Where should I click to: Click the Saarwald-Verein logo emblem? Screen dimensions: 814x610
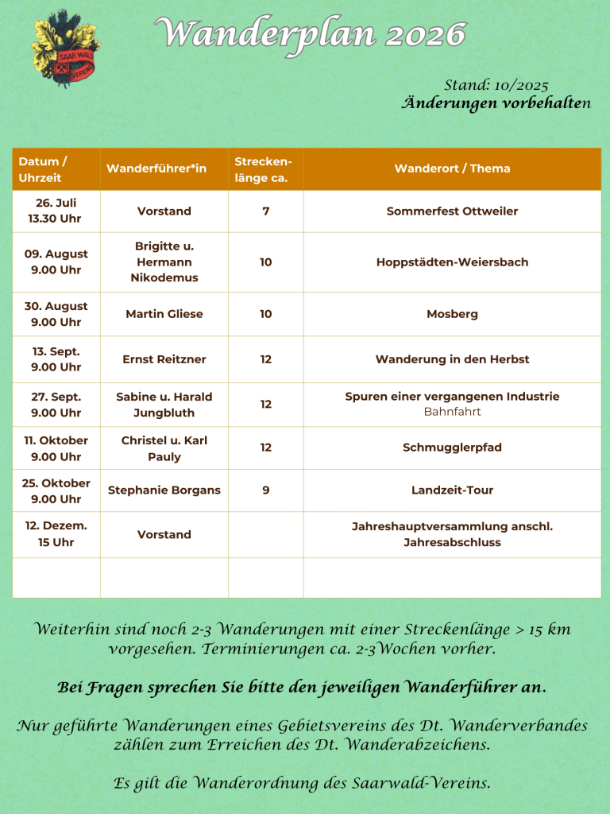point(66,47)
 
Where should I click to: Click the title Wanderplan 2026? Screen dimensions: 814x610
point(310,34)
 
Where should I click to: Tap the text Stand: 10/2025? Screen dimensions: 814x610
point(496,86)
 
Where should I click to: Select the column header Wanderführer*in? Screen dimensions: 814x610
point(156,169)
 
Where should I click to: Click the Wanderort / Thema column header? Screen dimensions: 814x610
point(452,169)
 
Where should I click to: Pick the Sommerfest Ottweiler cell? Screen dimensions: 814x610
point(452,211)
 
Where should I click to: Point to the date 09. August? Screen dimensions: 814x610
point(56,254)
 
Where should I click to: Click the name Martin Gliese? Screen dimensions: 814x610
point(164,314)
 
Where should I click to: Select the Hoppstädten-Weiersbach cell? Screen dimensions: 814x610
point(452,262)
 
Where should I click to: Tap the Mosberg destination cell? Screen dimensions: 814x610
point(452,314)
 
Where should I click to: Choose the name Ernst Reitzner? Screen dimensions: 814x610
point(164,359)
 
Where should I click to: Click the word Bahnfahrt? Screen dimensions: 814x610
point(452,412)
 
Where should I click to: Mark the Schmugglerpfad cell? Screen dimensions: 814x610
point(452,448)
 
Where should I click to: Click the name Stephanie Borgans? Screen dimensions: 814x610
point(164,490)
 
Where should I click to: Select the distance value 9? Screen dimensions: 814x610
point(265,490)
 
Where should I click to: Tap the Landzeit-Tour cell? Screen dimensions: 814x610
point(452,490)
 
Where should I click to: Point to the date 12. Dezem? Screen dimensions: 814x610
point(56,526)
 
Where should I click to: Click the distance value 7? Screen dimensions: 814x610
point(265,211)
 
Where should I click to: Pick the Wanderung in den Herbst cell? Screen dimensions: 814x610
point(452,359)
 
